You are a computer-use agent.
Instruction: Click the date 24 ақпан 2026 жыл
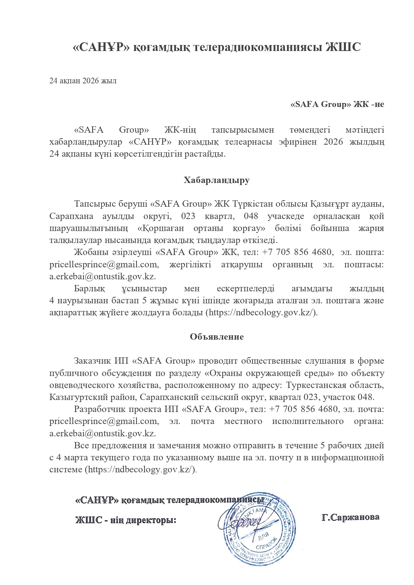[83, 81]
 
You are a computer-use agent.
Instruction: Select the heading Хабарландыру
[217, 180]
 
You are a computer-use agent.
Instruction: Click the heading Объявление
[217, 337]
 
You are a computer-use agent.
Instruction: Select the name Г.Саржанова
[350, 517]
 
